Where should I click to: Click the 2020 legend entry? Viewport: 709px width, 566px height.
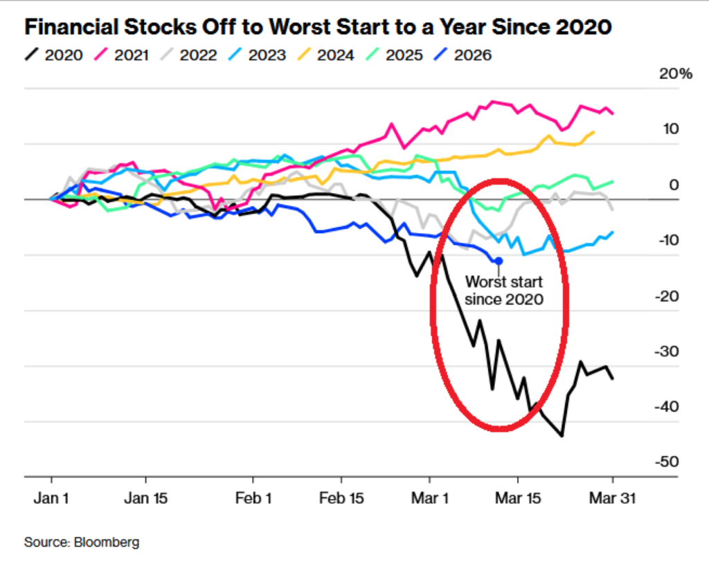[55, 55]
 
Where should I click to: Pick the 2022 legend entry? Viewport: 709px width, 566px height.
[190, 55]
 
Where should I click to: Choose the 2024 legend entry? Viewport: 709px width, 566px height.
[327, 55]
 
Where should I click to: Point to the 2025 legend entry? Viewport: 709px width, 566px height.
[395, 55]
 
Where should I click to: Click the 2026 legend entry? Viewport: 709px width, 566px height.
[465, 55]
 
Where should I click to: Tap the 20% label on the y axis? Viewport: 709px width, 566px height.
[675, 74]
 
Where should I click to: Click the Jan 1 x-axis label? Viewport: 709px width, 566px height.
[51, 498]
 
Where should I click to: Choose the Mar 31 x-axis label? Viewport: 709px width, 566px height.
[613, 498]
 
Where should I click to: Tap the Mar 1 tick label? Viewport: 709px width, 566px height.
[429, 498]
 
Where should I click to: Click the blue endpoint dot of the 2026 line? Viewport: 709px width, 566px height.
[499, 260]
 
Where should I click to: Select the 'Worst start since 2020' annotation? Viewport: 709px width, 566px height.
[503, 291]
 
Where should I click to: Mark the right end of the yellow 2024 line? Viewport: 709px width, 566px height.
[593, 131]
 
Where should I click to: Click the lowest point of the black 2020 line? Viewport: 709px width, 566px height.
[562, 436]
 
